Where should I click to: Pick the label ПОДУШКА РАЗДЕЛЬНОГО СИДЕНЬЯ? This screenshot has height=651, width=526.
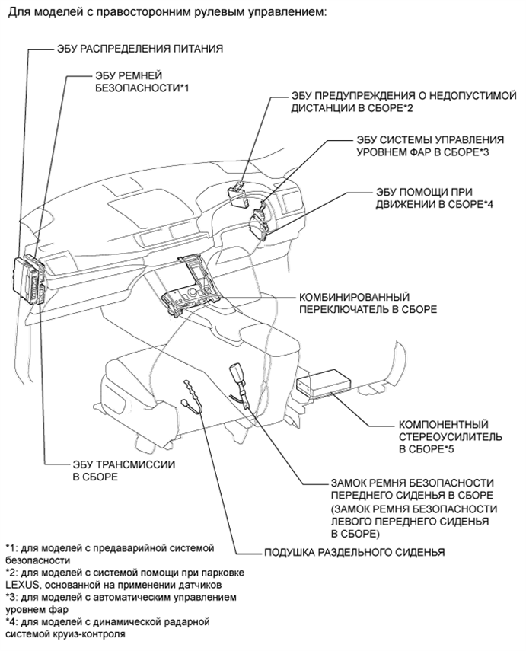tap(354, 552)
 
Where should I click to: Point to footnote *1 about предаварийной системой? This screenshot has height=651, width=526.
tap(110, 553)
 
